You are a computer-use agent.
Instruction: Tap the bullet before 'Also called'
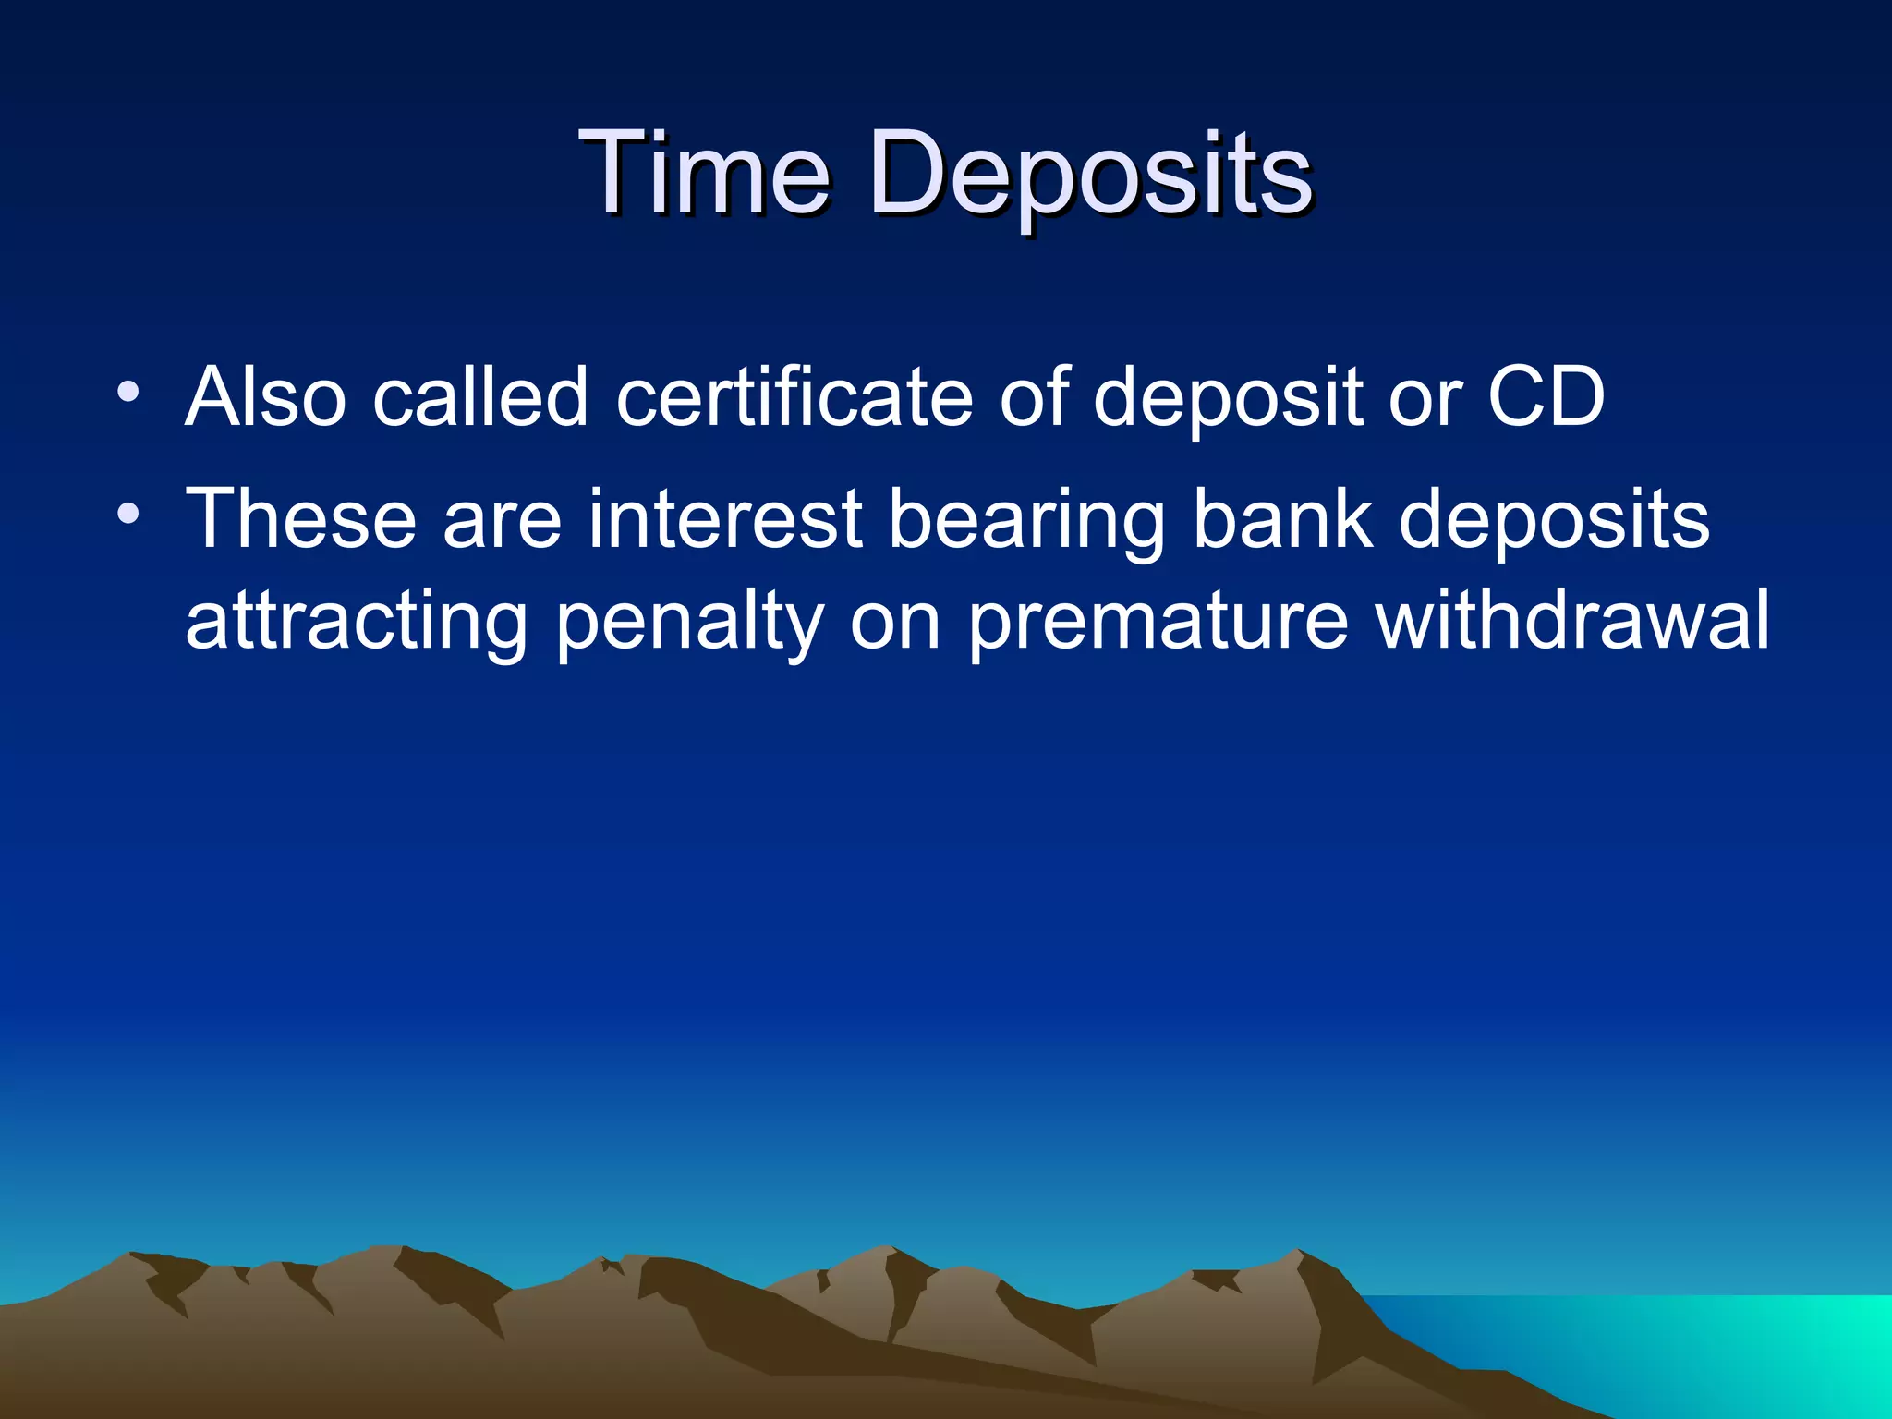[128, 392]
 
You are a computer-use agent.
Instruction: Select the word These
[301, 519]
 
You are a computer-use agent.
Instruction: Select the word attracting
[357, 624]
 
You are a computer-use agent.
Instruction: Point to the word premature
[1158, 624]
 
